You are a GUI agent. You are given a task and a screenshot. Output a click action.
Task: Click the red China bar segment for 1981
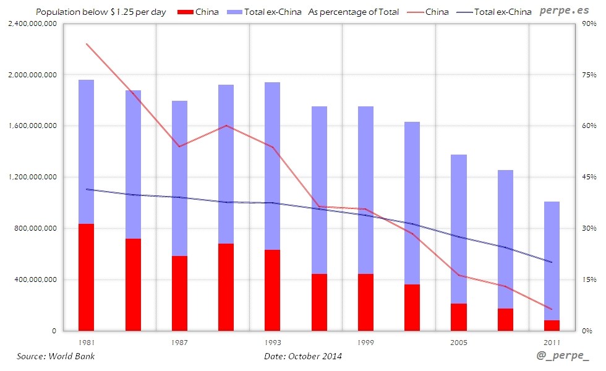click(x=87, y=277)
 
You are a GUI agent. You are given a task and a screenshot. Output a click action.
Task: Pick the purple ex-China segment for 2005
click(x=459, y=229)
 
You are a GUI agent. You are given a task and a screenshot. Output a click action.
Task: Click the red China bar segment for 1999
click(x=365, y=302)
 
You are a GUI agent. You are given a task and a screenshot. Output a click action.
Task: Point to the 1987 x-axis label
click(x=180, y=342)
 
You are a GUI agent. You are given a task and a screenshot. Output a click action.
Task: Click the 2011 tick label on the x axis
click(x=552, y=342)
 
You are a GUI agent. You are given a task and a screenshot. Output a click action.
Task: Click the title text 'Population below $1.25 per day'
click(x=101, y=12)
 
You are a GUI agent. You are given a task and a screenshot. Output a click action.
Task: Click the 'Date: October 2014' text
click(x=302, y=356)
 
